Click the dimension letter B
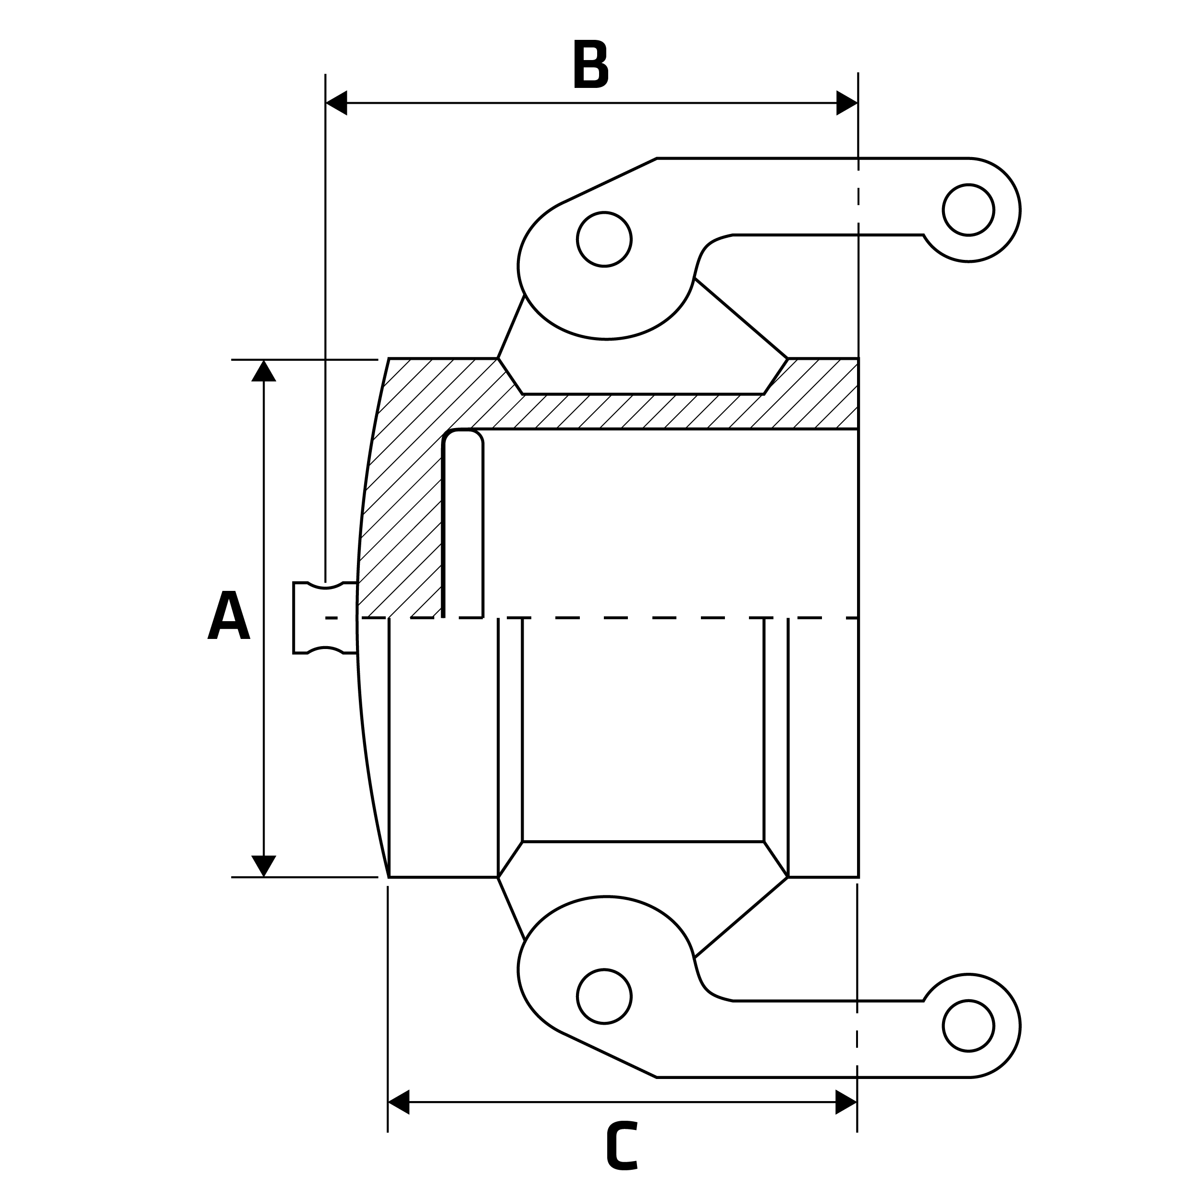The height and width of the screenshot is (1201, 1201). coord(590,64)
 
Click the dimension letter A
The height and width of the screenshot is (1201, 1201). coord(229,615)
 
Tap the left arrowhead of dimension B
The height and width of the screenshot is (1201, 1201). coord(336,103)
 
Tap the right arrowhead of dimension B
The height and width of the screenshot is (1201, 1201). coord(846,103)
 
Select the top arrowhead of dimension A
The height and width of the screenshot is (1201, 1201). coord(264,372)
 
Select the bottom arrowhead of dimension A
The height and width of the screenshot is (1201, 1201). coord(264,865)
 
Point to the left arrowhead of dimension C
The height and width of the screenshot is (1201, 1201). coord(398,1102)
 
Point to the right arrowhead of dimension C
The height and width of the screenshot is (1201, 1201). coord(846,1102)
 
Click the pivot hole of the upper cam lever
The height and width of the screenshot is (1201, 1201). coord(604,239)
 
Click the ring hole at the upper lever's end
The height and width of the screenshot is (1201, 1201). coord(968,210)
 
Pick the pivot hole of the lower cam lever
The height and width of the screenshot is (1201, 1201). coord(604,996)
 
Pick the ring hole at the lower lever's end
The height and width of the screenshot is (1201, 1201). coord(968,1026)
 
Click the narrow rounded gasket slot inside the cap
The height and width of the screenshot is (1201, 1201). coord(463,522)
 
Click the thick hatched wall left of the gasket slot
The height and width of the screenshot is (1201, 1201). coord(404,497)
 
